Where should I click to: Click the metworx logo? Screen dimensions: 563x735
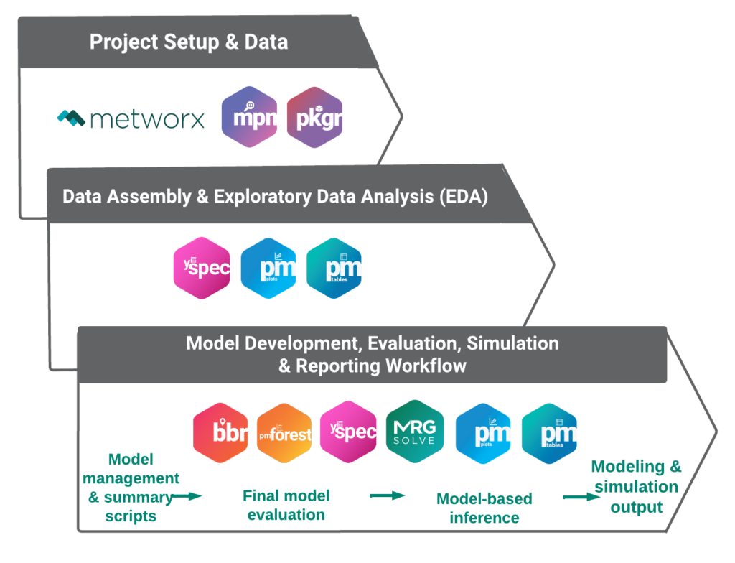point(131,118)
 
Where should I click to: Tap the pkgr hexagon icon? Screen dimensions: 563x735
point(314,118)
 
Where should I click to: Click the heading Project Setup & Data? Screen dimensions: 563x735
point(189,42)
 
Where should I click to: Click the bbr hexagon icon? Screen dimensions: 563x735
point(221,434)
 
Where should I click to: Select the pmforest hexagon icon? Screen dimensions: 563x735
point(284,434)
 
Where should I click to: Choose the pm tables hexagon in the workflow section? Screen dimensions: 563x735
point(550,434)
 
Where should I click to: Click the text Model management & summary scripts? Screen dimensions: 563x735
point(132,487)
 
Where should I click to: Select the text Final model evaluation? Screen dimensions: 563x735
point(286,505)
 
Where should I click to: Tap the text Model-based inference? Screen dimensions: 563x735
point(484,508)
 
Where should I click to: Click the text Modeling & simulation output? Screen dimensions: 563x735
point(636,487)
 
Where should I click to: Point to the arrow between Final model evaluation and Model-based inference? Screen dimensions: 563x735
point(388,495)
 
